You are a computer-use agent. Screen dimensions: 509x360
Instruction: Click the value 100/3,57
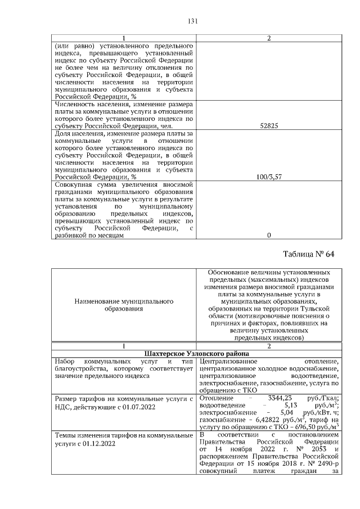268,177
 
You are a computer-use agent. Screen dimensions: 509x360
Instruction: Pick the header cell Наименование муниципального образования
124,305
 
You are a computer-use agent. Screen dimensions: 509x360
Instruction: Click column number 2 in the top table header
268,38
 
